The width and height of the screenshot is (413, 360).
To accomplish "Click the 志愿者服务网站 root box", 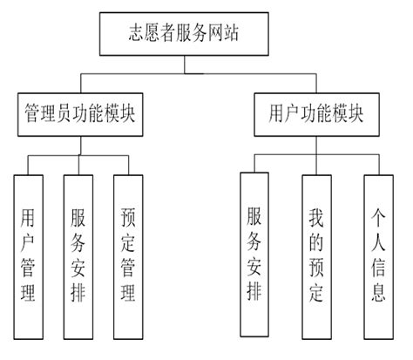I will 206,35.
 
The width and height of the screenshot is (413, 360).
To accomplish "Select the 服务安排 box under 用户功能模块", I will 254,253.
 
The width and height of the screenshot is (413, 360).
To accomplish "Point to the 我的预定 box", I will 315,253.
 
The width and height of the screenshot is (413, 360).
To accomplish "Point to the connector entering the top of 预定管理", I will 128,166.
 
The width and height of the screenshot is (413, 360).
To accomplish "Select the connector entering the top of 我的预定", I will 315,164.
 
